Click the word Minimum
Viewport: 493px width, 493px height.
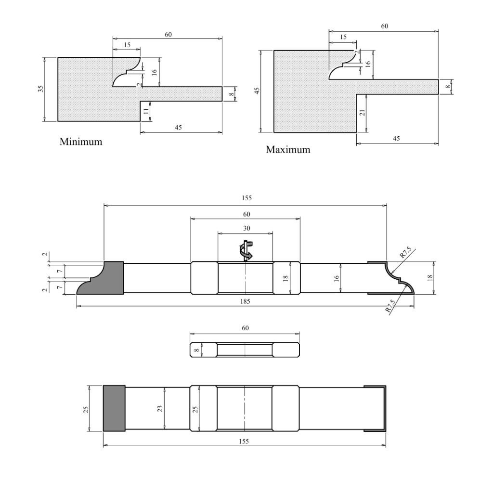tap(81, 142)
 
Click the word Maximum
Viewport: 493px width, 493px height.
tap(288, 150)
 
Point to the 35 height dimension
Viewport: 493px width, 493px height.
tap(41, 89)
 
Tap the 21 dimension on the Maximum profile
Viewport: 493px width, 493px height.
tap(363, 112)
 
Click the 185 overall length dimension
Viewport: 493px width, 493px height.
tap(245, 301)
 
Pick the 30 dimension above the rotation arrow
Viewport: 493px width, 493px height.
tap(245, 228)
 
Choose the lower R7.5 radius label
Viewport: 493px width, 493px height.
tap(391, 306)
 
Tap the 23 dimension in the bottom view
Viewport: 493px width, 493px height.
tap(160, 408)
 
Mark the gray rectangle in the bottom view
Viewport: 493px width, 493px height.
tap(114, 408)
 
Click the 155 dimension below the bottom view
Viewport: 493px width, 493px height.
tap(244, 441)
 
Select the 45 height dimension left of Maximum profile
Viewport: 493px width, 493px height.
tap(257, 91)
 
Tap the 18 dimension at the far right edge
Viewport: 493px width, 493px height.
tap(430, 277)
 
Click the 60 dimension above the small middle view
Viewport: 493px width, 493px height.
tap(245, 328)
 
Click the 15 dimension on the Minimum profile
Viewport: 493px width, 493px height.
tap(127, 45)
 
